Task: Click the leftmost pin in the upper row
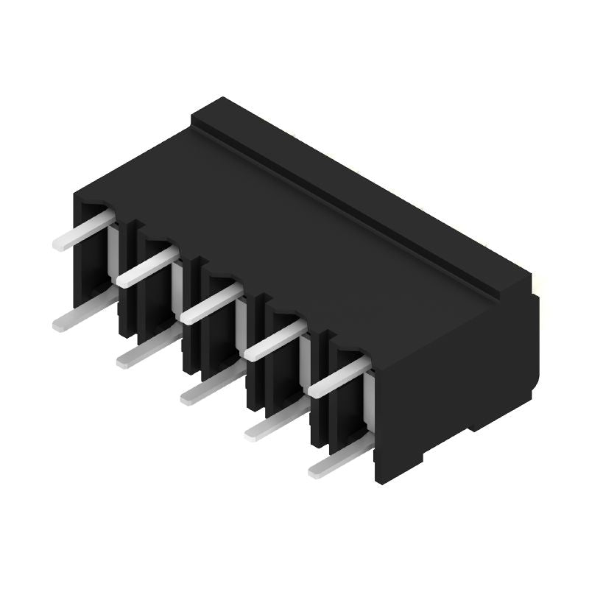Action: [82, 230]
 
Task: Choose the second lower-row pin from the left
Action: [146, 350]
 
